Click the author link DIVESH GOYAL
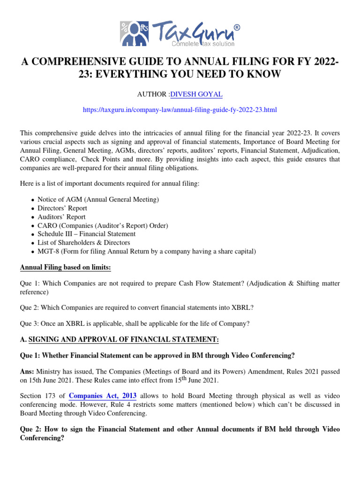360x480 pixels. coord(196,94)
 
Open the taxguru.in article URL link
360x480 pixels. coord(180,110)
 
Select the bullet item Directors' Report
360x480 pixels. coord(62,208)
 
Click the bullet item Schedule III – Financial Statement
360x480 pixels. coord(87,234)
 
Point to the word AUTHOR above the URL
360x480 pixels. coord(152,94)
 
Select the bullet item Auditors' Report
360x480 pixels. coord(62,217)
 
